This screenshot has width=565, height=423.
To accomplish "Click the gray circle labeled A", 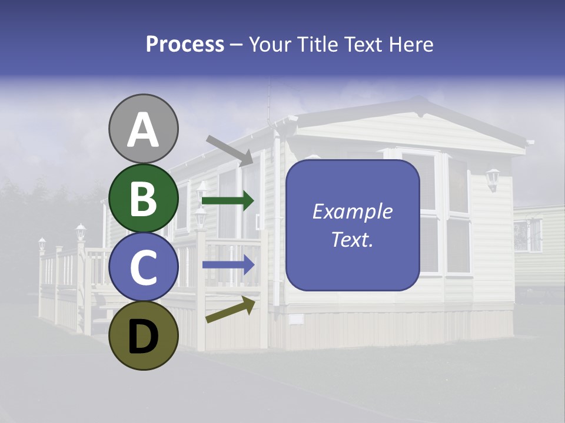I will [x=144, y=129].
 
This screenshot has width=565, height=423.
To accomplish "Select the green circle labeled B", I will [x=144, y=198].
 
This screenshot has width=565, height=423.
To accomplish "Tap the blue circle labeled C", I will [x=144, y=267].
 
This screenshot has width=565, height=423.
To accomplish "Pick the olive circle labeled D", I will [x=144, y=335].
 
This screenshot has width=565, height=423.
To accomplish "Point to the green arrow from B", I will [x=228, y=200].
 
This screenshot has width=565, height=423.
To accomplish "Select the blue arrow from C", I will [x=228, y=265].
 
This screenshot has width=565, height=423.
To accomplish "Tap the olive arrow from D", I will [x=230, y=310].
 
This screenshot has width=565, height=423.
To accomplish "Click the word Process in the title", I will [x=185, y=44].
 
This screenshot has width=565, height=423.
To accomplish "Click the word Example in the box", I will [x=353, y=211].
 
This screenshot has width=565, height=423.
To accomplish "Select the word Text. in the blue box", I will [x=353, y=240].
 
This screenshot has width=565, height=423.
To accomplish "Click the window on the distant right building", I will [x=527, y=235].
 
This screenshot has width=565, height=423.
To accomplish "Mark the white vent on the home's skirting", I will [x=296, y=319].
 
